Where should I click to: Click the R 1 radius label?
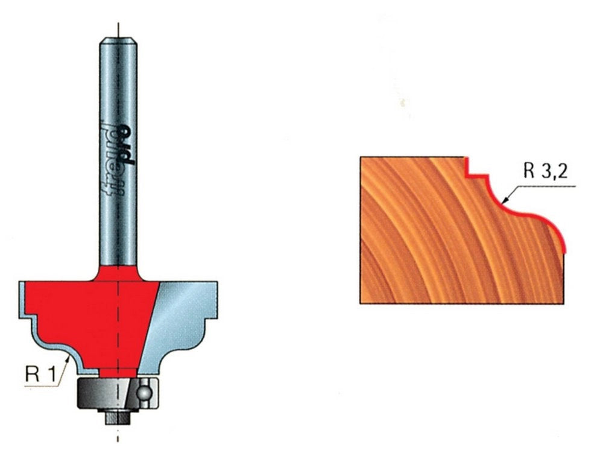tap(40, 374)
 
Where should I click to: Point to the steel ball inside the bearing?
tap(144, 393)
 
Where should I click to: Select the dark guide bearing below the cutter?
tap(118, 393)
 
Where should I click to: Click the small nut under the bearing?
tap(118, 417)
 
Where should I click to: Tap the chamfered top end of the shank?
tap(118, 40)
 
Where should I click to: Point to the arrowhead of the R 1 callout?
tap(68, 359)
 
